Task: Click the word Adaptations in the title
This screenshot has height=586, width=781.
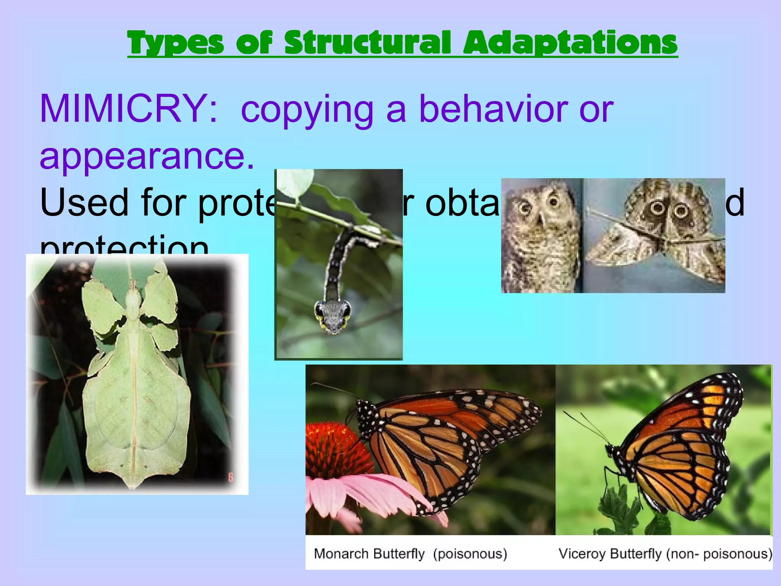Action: point(570,43)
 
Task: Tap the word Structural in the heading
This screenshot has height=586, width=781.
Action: point(367,43)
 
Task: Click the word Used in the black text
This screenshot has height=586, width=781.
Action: point(84,203)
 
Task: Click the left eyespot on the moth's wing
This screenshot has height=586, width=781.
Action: point(657,208)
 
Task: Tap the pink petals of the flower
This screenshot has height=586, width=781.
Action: point(366,496)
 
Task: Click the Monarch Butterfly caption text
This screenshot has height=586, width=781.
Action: point(369,554)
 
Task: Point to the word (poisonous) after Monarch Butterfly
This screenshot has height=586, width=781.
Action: point(470,554)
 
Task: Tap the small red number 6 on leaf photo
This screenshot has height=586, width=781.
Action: point(230,477)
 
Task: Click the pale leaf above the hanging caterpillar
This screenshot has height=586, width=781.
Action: point(296,183)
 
